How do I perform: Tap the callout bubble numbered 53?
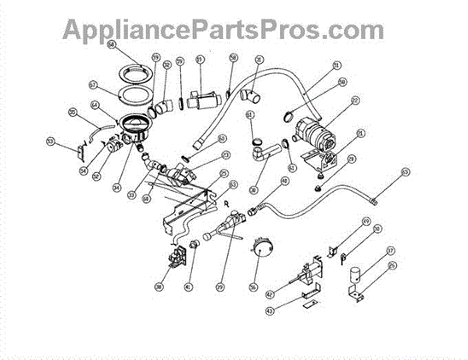51,141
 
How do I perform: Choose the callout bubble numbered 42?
269,295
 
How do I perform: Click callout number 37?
390,251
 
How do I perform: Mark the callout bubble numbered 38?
158,287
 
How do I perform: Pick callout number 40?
285,181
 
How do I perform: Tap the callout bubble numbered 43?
269,311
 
